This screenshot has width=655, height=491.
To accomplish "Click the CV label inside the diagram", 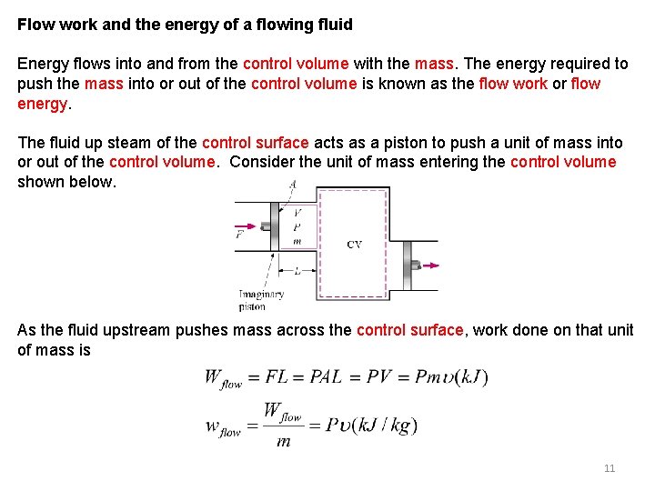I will coord(355,245).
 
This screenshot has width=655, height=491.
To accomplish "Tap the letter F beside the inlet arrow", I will coord(240,235).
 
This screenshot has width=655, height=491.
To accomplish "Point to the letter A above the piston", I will coord(292,184).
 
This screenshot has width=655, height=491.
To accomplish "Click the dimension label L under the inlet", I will coord(297,271).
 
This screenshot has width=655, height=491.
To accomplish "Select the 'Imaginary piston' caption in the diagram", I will coord(261,300).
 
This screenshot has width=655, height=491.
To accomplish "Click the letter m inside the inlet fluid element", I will coord(297,241).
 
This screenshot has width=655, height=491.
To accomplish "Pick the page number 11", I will coord(610,468).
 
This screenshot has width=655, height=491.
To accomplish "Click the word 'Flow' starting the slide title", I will coord(36,25).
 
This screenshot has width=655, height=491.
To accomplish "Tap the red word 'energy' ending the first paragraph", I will coord(42,104).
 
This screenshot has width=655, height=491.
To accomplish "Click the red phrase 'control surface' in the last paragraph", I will coord(409,330).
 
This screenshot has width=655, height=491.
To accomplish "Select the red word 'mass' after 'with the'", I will coord(433,64).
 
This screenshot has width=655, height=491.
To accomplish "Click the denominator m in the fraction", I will coord(283,441).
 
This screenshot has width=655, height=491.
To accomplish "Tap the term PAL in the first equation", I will coord(326,376).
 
